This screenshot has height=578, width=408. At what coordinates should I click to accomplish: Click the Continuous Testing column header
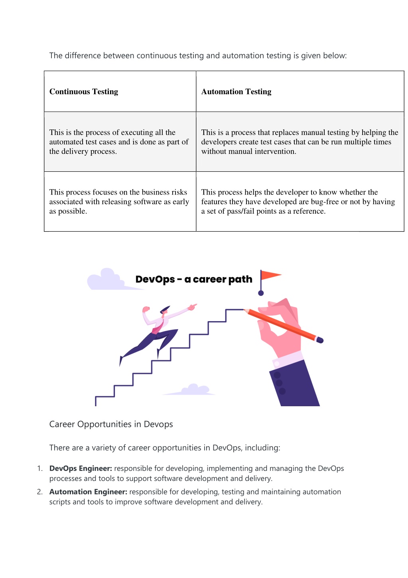click(x=84, y=91)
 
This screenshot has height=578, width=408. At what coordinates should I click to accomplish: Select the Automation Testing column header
click(x=236, y=91)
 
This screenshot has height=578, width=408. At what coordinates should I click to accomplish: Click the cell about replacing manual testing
click(x=300, y=142)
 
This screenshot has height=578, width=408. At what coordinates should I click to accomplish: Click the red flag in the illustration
click(x=271, y=275)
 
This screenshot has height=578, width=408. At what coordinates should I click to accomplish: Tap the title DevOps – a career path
click(x=194, y=279)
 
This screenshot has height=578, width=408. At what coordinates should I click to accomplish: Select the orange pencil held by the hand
click(x=283, y=326)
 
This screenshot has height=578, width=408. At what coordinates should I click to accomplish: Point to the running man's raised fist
click(x=146, y=309)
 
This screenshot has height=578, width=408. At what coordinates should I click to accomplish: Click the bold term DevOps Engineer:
click(x=81, y=468)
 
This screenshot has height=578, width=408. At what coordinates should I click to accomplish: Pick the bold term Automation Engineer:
click(x=88, y=492)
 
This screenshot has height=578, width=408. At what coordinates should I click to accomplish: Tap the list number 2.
click(x=39, y=492)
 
